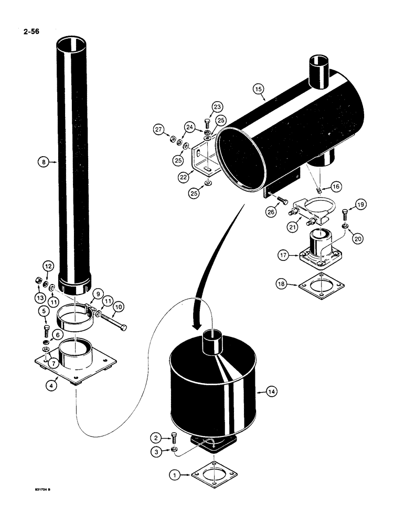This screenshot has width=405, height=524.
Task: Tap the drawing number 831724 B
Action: click(41, 492)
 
